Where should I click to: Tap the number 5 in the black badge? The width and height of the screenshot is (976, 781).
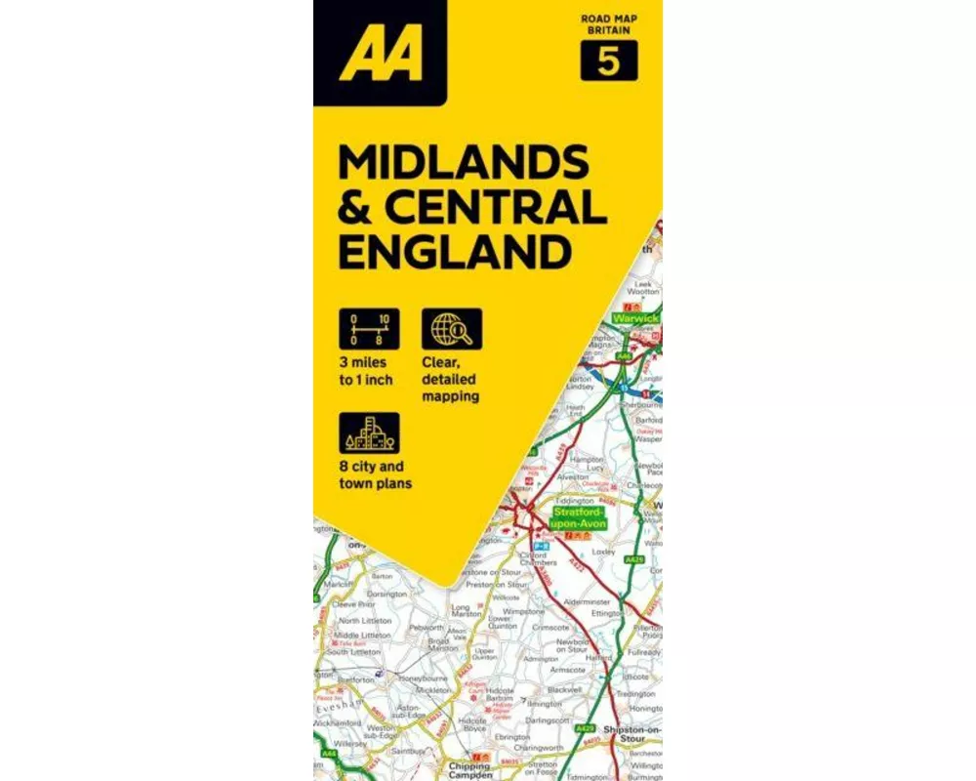tap(609, 62)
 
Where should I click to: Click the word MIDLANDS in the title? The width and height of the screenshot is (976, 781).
tap(463, 162)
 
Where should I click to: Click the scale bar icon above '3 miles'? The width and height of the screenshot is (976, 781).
tap(369, 329)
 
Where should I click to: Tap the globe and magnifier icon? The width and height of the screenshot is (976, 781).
tap(452, 329)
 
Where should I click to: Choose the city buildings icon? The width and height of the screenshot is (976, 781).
tap(369, 433)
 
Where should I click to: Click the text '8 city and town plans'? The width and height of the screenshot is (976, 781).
tap(376, 474)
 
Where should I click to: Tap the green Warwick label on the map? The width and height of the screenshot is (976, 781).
tap(635, 318)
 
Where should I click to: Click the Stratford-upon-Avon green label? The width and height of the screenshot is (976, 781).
tap(580, 518)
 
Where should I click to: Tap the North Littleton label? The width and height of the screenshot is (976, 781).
tap(364, 621)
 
